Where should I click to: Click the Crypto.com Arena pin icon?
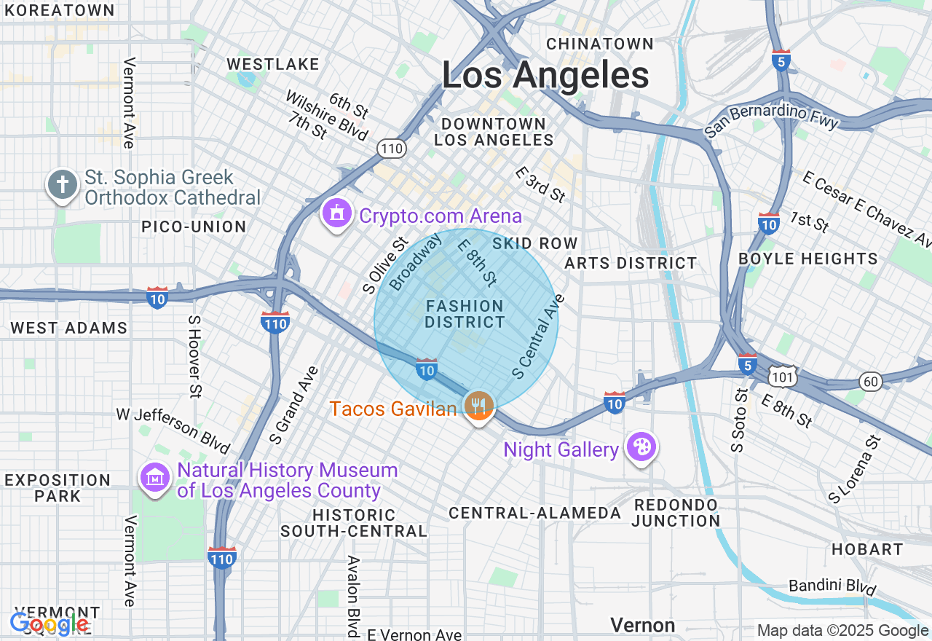click(x=337, y=214)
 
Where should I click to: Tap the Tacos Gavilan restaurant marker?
click(x=478, y=405)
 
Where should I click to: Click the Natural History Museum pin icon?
click(x=155, y=478)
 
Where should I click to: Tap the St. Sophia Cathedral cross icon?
click(x=63, y=184)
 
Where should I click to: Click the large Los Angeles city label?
click(x=545, y=76)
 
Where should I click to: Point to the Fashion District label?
click(x=465, y=314)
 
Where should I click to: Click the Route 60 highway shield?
click(x=870, y=381)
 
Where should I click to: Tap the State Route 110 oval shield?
click(x=391, y=149)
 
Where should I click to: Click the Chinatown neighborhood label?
click(x=600, y=44)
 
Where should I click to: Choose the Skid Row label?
click(x=535, y=243)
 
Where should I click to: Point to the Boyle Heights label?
click(x=808, y=259)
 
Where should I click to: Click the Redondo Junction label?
click(x=676, y=513)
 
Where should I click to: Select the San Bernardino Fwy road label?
click(x=771, y=122)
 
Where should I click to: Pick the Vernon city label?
click(x=643, y=625)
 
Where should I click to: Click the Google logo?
click(x=50, y=624)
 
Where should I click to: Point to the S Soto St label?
click(x=739, y=420)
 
